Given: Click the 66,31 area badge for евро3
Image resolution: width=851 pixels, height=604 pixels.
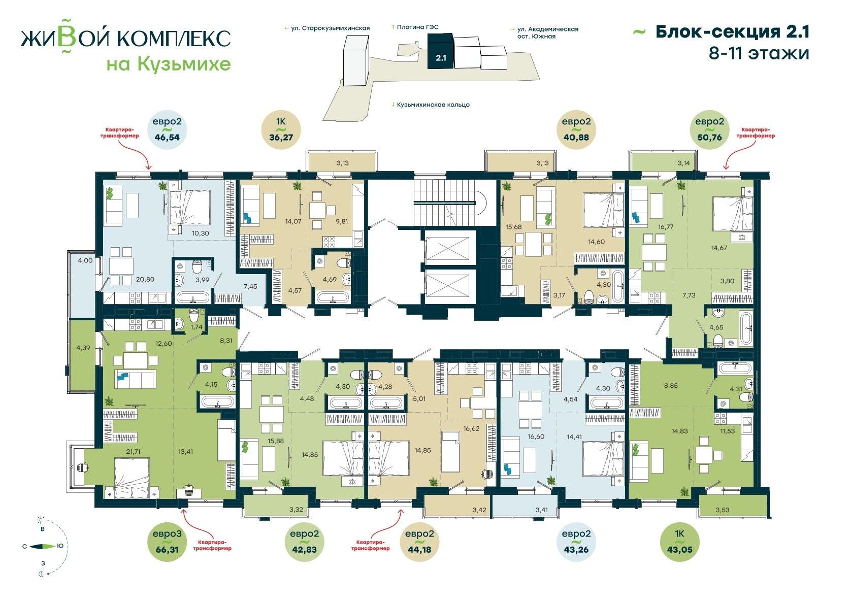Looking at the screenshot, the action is pos(167,542).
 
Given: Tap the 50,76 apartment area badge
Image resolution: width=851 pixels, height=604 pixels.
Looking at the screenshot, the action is pos(709,129).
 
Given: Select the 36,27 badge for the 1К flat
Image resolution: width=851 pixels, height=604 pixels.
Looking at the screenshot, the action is pos(281,129).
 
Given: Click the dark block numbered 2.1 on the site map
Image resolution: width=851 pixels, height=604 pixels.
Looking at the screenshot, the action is pos(441,51).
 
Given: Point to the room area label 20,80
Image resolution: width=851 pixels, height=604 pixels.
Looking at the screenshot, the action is pos(145,279).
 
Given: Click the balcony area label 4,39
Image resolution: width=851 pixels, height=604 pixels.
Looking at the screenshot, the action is pos(83,348).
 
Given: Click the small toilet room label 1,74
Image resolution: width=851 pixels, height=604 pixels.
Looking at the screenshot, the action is pos(197,327).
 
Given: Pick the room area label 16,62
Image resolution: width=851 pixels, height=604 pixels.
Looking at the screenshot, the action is pos(472,428).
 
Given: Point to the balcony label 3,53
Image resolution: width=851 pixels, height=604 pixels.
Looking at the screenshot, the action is pos(723,510).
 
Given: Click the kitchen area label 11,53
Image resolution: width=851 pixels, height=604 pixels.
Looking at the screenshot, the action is pos(728,431).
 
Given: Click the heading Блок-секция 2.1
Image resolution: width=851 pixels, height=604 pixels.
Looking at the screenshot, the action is pos(732,32).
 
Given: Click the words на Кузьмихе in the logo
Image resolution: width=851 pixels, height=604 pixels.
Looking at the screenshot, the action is pos(168,64).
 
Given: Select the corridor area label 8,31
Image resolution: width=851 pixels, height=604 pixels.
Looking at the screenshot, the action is pos(226,341).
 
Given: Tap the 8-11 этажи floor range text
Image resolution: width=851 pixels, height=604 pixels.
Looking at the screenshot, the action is pos(759,53).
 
